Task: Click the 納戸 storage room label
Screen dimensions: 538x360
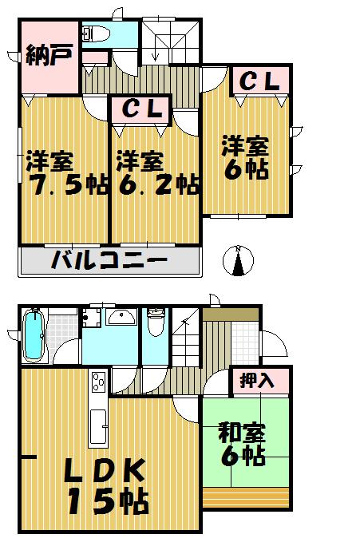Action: (49, 57)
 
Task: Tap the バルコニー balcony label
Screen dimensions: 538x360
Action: (109, 260)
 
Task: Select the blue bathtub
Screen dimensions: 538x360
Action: (33, 335)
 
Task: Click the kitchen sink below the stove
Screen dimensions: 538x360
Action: (100, 428)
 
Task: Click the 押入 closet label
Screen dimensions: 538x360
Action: (258, 380)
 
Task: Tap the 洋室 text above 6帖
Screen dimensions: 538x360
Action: (245, 147)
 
